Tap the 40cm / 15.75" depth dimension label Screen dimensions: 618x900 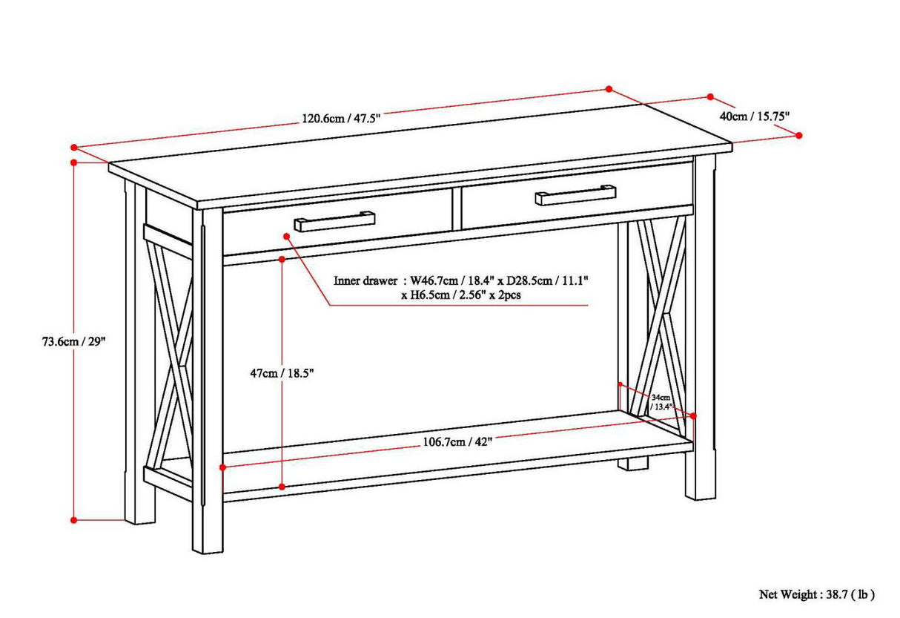[755, 116]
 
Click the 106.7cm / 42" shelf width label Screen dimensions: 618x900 [457, 442]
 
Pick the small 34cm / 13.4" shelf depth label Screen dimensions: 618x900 [661, 403]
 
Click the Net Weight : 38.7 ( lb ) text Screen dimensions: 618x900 [816, 594]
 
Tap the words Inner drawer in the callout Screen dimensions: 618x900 [365, 281]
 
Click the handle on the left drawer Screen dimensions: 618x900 [334, 221]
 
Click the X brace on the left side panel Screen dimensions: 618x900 [170, 349]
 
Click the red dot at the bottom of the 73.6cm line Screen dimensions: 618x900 [74, 520]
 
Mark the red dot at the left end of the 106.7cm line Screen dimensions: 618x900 [222, 467]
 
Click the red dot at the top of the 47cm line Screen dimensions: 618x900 [282, 259]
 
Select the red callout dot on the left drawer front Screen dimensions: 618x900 [286, 234]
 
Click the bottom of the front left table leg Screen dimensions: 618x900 [208, 545]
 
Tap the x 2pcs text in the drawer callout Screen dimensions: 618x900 [516, 295]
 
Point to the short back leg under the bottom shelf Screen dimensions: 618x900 [633, 464]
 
